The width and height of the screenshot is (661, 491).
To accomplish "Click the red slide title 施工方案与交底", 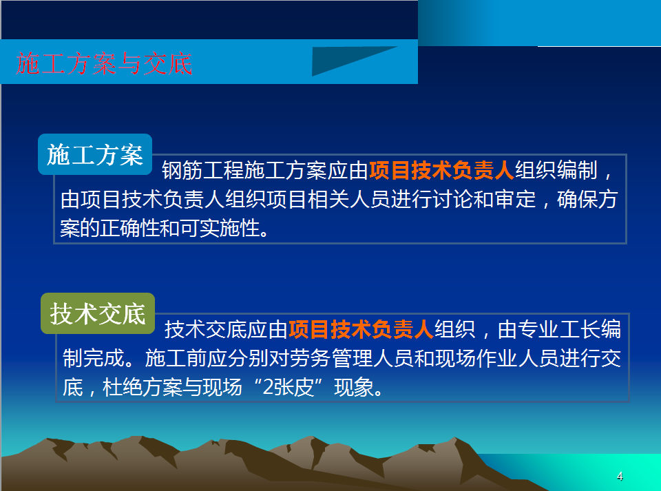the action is pyautogui.click(x=104, y=63).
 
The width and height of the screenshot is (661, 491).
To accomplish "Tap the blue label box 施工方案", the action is pyautogui.click(x=95, y=154).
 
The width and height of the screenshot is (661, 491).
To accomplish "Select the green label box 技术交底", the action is pyautogui.click(x=98, y=313).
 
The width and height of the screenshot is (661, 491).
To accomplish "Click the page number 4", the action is pyautogui.click(x=620, y=477).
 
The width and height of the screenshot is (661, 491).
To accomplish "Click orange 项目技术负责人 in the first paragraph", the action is pyautogui.click(x=441, y=170).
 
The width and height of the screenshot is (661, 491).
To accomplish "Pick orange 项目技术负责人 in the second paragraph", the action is pyautogui.click(x=361, y=329).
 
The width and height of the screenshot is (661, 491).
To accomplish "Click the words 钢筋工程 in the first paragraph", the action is pyautogui.click(x=203, y=170).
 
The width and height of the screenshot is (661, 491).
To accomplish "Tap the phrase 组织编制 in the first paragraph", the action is pyautogui.click(x=556, y=170).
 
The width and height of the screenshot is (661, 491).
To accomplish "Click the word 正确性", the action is pyautogui.click(x=131, y=228).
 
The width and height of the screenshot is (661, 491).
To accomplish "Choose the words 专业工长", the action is pyautogui.click(x=559, y=329).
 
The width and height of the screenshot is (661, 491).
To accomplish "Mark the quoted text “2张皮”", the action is pyautogui.click(x=288, y=387).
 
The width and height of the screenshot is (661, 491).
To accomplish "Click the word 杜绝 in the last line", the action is pyautogui.click(x=123, y=387).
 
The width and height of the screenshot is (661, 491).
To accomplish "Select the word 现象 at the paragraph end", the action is pyautogui.click(x=354, y=387).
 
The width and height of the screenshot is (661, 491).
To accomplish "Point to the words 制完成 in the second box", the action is pyautogui.click(x=94, y=358).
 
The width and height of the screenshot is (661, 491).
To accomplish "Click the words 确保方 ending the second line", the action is pyautogui.click(x=587, y=199).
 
